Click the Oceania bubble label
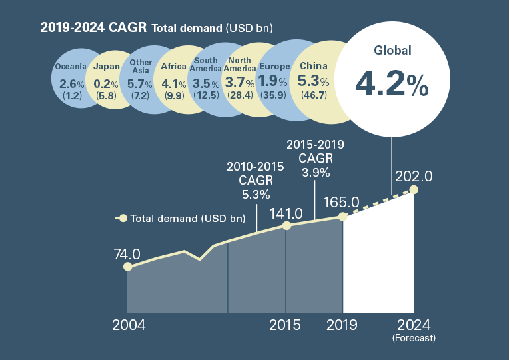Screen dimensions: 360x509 coord(71,67)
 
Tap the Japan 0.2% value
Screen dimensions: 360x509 coord(107,84)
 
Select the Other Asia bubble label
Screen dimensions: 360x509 coord(141,67)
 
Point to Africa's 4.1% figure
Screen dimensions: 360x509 coord(174,84)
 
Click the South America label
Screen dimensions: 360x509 coord(205,65)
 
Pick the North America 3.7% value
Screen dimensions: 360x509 coord(240,83)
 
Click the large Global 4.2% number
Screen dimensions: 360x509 coord(392,84)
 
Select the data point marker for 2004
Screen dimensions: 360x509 coord(127,267)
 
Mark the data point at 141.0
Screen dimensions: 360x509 coord(286,226)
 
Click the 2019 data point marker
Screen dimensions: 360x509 coord(343,217)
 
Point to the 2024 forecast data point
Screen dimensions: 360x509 coord(414,190)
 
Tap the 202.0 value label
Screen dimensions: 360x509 coord(414,176)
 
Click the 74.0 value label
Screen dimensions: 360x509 coord(127,254)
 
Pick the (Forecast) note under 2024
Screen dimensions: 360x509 coord(414,339)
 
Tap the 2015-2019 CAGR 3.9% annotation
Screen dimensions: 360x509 coord(314,158)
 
